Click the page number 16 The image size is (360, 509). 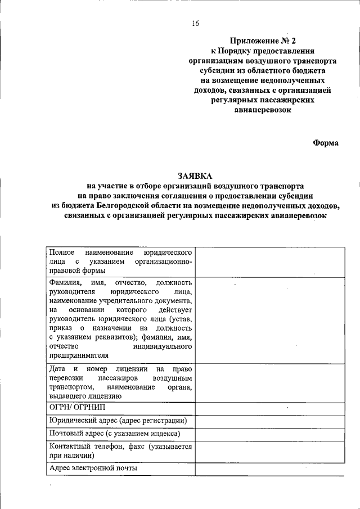(195, 24)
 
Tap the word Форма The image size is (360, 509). (326, 143)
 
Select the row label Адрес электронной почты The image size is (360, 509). (93, 468)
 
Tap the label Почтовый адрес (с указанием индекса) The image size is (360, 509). (115, 434)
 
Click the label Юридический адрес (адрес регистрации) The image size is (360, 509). (118, 421)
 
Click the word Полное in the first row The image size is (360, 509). (62, 252)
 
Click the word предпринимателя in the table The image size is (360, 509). (79, 355)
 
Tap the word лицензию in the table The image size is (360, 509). (106, 396)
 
